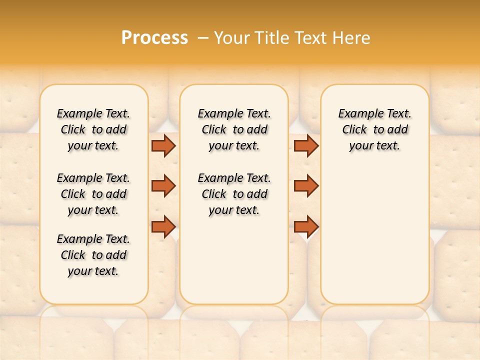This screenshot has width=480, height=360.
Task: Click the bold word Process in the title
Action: pos(154,38)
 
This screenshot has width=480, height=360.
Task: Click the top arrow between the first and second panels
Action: pos(163,145)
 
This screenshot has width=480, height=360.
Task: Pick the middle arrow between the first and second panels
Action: pos(163,186)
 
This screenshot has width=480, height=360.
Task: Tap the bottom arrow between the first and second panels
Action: pos(163,226)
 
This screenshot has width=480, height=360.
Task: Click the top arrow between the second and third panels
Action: pos(306,145)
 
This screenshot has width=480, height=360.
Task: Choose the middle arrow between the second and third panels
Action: pos(306,186)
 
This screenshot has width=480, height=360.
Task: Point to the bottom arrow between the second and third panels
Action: pos(306,226)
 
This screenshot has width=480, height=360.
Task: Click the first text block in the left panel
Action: pos(93,129)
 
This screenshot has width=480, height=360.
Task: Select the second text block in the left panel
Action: pos(93,194)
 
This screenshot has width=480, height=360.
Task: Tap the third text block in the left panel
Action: pos(93,255)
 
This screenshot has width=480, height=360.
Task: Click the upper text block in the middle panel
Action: pos(234,129)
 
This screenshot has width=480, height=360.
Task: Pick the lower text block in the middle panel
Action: pos(234,194)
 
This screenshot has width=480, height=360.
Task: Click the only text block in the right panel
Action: pos(374,129)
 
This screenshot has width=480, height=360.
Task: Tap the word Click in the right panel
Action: pos(354,130)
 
